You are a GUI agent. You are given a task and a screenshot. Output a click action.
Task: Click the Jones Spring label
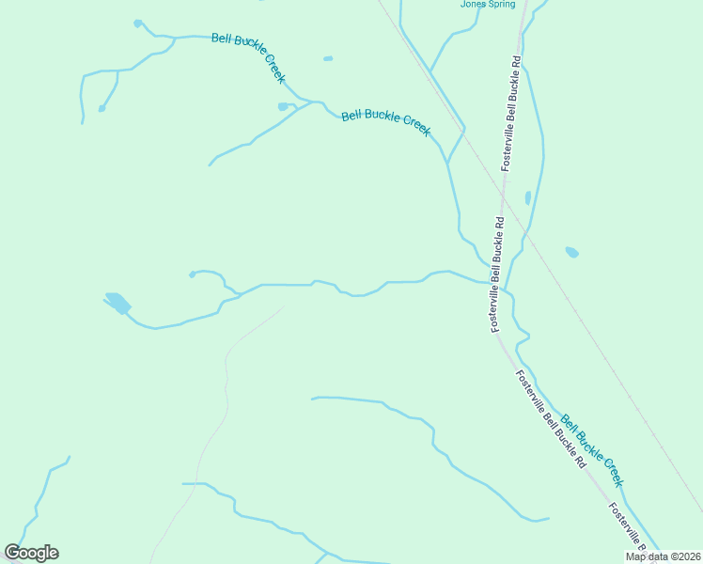pyautogui.click(x=488, y=4)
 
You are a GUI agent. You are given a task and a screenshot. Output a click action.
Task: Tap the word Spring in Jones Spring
pyautogui.click(x=501, y=4)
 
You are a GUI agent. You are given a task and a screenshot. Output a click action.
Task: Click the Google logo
pyautogui.click(x=31, y=553)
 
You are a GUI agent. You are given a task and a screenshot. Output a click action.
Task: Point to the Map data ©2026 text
pyautogui.click(x=664, y=556)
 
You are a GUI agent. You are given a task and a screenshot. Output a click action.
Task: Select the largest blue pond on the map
pyautogui.click(x=117, y=303)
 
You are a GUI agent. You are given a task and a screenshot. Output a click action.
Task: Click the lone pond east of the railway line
pyautogui.click(x=571, y=252)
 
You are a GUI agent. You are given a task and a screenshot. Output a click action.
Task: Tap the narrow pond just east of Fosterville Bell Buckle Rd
pyautogui.click(x=528, y=198)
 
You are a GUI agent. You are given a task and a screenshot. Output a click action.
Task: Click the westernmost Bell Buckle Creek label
pyautogui.click(x=248, y=56)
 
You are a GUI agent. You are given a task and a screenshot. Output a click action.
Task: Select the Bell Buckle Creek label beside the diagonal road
pyautogui.click(x=592, y=450)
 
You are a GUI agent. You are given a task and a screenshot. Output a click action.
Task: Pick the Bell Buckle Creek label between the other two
pyautogui.click(x=385, y=122)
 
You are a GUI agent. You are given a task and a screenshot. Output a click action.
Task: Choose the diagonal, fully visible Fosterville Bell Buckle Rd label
pyautogui.click(x=551, y=419)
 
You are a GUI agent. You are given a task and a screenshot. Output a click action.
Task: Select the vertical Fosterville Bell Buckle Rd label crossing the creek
pyautogui.click(x=498, y=274)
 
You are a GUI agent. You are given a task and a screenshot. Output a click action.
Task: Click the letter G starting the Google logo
pyautogui.click(x=13, y=553)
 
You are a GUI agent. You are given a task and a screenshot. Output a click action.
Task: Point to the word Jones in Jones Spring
pyautogui.click(x=473, y=4)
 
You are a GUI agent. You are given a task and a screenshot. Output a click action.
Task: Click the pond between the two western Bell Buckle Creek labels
pyautogui.click(x=284, y=106)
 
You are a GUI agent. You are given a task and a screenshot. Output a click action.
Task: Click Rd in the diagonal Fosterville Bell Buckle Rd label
pyautogui.click(x=580, y=462)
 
